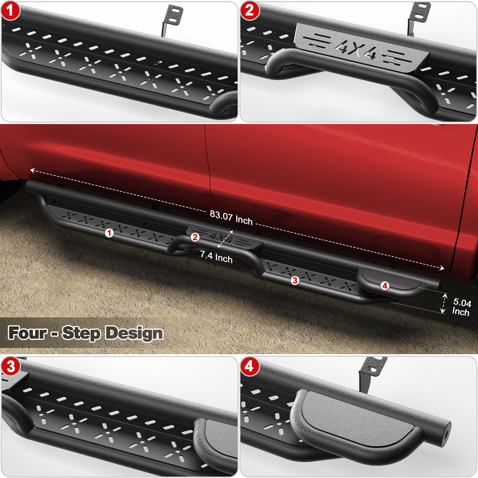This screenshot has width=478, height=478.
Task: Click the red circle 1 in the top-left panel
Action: click(x=11, y=11)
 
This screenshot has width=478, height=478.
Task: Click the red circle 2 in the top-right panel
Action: click(x=250, y=11)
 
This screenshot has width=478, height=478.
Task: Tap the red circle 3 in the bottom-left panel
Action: click(x=11, y=366)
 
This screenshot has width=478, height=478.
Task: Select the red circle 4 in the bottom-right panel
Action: click(x=250, y=366)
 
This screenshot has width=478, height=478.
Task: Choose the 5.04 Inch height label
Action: click(x=461, y=307)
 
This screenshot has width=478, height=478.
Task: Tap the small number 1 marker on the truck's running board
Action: click(x=109, y=233)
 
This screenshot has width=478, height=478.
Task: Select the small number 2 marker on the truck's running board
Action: click(x=195, y=237)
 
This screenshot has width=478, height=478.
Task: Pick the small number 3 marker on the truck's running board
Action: click(x=294, y=281)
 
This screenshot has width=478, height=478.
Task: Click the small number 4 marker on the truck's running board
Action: click(x=385, y=286)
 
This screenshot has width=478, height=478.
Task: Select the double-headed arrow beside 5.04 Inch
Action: click(x=443, y=304)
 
